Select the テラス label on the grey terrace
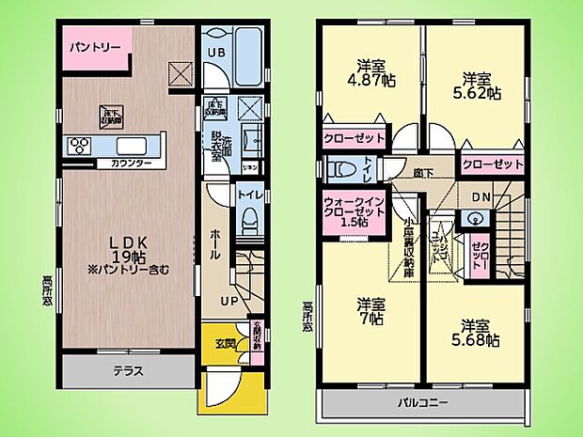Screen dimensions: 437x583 pos(130,370)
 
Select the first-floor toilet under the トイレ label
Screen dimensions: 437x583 pos(249,224)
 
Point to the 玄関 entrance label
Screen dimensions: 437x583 pos(215,341)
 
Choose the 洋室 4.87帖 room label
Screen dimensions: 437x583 pos(374,73)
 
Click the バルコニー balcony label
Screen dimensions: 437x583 pos(427,403)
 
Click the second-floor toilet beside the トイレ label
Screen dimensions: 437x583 pos(344,170)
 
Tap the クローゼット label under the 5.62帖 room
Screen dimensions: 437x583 pos(492,164)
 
